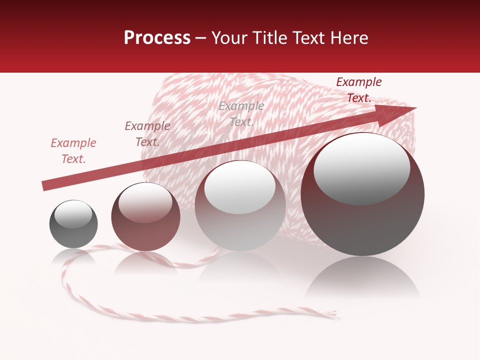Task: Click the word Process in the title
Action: (157, 38)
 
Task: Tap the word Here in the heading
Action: (349, 38)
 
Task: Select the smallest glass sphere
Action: (73, 224)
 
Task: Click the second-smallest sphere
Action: (145, 217)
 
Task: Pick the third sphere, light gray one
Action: (240, 206)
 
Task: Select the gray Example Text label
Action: (241, 113)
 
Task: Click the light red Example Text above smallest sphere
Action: (73, 150)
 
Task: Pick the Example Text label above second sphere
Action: (147, 133)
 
